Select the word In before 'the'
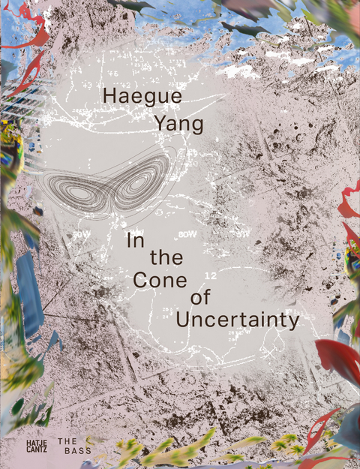pos(136,242)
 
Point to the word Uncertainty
pos(237,319)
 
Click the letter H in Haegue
pos(108,96)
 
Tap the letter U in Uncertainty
pos(182,318)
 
